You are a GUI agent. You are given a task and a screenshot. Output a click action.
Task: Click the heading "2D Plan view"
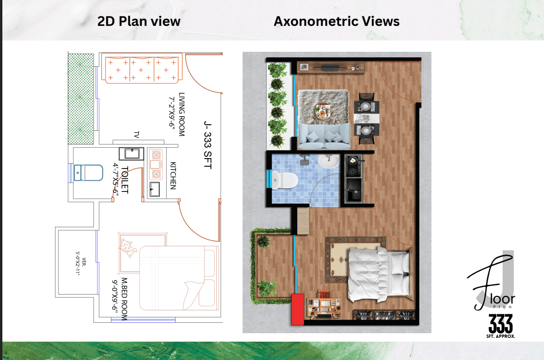(139, 22)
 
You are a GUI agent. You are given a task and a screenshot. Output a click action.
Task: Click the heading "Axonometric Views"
(337, 22)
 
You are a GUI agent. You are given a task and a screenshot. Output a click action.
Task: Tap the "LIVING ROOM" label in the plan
(182, 114)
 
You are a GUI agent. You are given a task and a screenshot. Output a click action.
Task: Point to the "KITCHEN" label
(173, 176)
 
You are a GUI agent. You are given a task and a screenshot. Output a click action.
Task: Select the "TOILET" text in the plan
(125, 180)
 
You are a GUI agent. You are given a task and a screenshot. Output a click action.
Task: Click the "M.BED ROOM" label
(124, 299)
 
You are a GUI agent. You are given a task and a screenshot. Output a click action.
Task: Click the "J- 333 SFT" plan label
(207, 145)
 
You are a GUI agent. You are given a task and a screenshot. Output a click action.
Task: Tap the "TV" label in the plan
(137, 135)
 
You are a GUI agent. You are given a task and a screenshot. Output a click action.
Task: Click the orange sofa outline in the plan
(142, 68)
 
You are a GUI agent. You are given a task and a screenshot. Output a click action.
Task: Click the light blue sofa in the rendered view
(324, 136)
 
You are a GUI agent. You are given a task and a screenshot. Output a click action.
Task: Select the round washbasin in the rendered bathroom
(329, 161)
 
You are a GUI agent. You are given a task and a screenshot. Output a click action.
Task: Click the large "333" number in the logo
(501, 324)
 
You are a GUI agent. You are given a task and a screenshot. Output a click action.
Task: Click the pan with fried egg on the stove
(353, 160)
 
